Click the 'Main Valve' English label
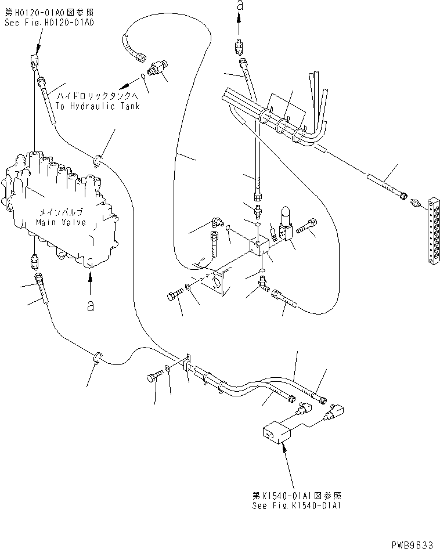61,222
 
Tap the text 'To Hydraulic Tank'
98,106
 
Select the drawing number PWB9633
412,544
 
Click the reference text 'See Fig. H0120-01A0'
49,23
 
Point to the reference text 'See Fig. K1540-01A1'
297,505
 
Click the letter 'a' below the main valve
91,306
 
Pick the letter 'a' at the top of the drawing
240,5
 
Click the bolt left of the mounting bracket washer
175,295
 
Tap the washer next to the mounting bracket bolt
187,288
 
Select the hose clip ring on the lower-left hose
98,358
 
